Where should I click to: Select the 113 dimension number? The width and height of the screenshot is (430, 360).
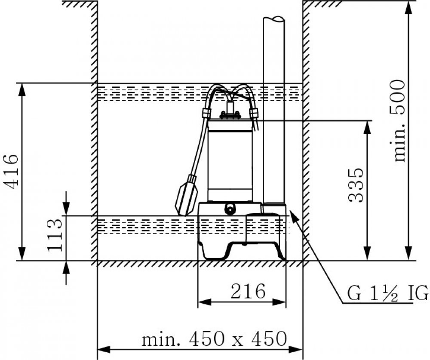click(x=55, y=235)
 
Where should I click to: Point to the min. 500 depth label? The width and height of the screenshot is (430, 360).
click(x=399, y=121)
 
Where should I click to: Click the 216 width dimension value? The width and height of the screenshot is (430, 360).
click(x=248, y=292)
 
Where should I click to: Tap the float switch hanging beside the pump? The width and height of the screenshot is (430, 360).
click(x=187, y=195)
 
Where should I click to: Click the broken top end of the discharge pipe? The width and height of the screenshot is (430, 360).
click(x=273, y=20)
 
